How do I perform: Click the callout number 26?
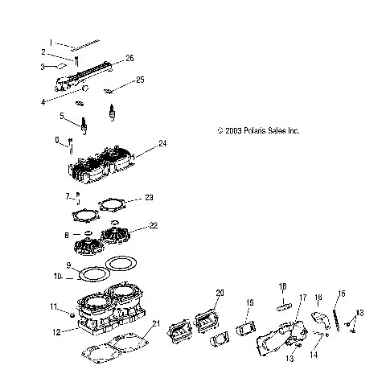[129, 59]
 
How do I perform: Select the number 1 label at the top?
[50, 41]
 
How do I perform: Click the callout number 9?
[69, 265]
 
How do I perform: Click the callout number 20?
[220, 293]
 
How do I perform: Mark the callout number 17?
[303, 298]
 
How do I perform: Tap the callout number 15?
[342, 294]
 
